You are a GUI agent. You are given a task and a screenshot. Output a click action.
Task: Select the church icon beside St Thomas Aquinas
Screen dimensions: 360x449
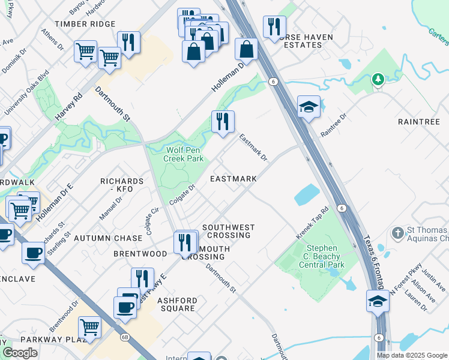coord(397,232)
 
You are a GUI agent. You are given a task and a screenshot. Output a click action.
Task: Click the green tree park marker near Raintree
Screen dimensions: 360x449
coord(378,79)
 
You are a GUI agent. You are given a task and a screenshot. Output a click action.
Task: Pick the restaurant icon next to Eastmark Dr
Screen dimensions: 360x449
coord(223,122)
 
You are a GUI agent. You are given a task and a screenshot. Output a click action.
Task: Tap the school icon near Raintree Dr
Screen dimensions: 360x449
coord(309,107)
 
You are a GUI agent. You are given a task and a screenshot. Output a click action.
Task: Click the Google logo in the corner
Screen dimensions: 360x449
coord(20,353)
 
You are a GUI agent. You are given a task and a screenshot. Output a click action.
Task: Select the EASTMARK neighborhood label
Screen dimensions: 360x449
coord(234,179)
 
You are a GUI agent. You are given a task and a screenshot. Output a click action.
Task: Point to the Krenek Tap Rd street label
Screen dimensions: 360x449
coord(313,223)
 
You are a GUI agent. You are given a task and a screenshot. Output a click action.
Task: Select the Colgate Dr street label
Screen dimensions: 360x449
coord(183,195)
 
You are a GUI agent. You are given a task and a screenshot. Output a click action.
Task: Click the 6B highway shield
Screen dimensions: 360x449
coord(125,337)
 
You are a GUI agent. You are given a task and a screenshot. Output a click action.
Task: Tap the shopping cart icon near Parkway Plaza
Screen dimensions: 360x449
coord(89,328)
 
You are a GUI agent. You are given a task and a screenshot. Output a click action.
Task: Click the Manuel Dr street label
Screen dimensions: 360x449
coord(110,208)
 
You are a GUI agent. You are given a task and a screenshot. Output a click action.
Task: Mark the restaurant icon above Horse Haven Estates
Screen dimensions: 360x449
coord(274,26)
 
